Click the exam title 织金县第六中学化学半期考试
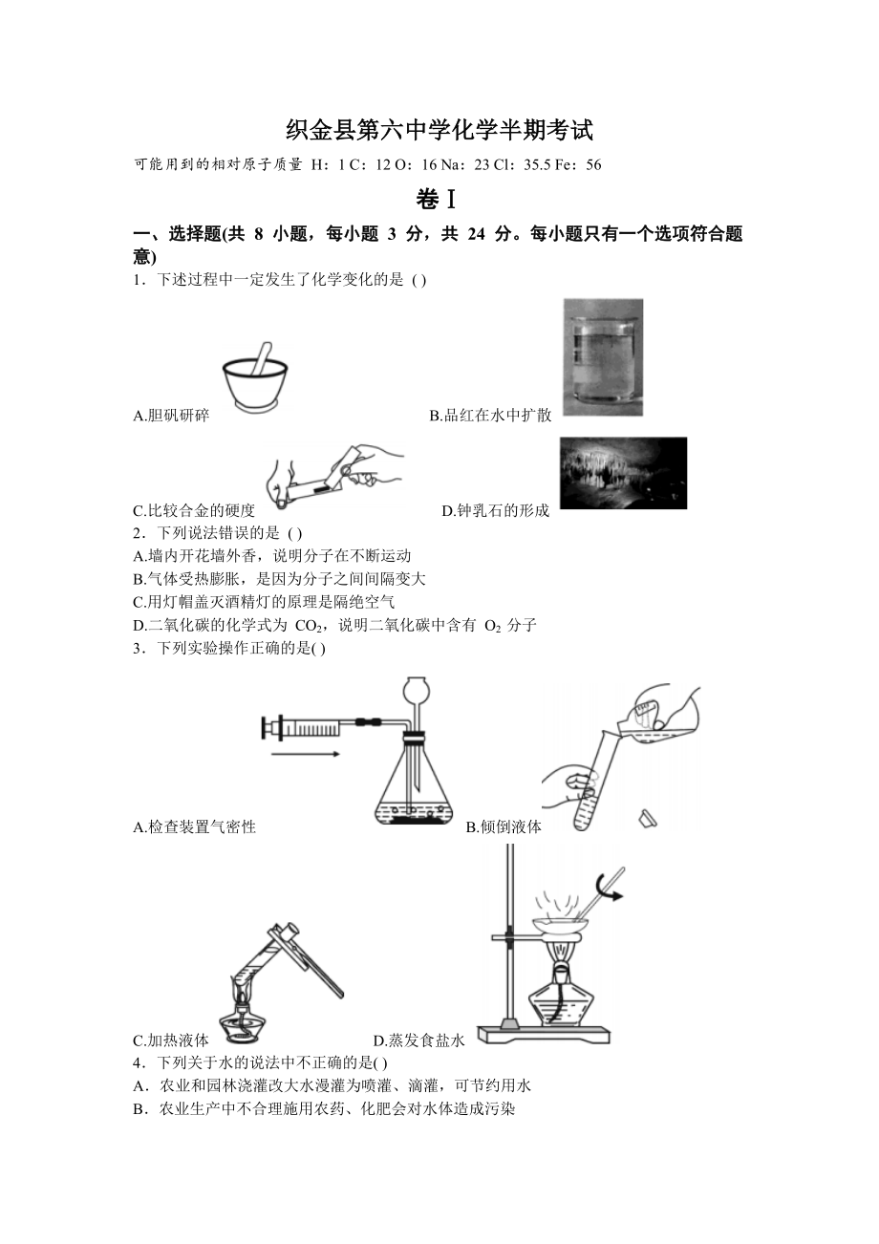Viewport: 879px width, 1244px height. click(439, 129)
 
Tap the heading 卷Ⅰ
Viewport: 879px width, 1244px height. click(439, 200)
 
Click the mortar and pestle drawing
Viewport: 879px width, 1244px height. click(256, 380)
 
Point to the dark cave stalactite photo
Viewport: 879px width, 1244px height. click(623, 473)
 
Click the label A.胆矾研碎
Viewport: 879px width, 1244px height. click(172, 416)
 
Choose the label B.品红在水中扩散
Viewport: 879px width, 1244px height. click(490, 416)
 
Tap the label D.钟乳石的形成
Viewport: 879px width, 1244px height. click(496, 511)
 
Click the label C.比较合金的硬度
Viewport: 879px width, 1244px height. click(195, 511)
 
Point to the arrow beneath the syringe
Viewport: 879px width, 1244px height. click(304, 755)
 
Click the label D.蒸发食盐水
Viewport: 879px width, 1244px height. click(419, 1040)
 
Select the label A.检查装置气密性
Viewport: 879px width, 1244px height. click(195, 827)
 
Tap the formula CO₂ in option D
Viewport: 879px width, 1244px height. click(310, 626)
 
